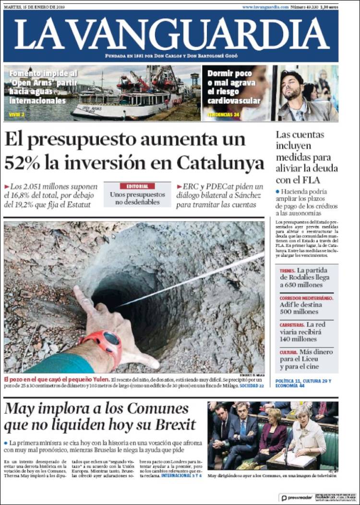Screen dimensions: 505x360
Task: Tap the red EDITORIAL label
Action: (x=137, y=186)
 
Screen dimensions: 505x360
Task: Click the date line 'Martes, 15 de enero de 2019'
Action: (x=34, y=7)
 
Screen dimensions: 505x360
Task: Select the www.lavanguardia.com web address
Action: (x=265, y=7)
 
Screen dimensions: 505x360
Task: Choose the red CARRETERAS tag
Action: (x=292, y=325)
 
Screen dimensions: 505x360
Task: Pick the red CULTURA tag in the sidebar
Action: (x=288, y=352)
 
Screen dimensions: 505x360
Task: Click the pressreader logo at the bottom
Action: (x=297, y=498)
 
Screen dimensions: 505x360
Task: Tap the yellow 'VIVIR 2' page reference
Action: (x=16, y=115)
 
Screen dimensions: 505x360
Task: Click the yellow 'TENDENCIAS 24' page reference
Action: (x=223, y=115)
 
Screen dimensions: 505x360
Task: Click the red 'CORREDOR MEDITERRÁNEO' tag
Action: (x=306, y=298)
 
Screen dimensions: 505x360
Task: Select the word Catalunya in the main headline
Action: (x=220, y=163)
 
